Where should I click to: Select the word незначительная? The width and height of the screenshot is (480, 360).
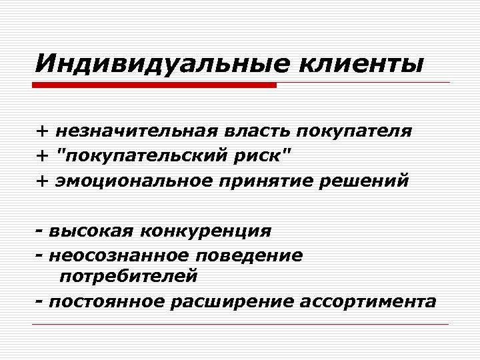pos(135,131)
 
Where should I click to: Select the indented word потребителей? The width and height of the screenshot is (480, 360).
pos(128,275)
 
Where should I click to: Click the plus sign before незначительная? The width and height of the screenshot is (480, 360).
pos(42,131)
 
